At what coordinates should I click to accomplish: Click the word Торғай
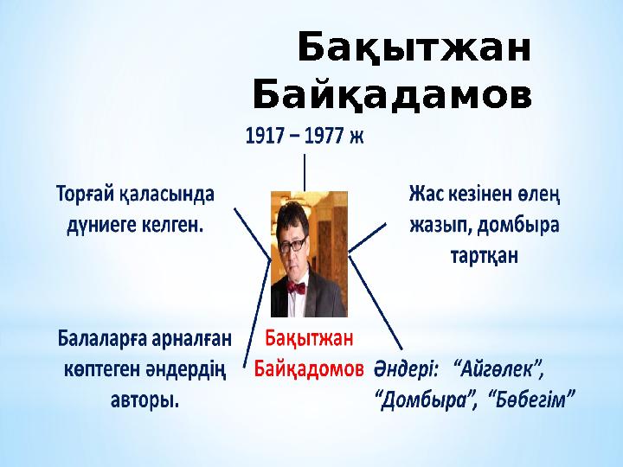(87, 192)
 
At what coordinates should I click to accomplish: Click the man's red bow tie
(299, 287)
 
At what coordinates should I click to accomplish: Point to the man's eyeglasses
(295, 245)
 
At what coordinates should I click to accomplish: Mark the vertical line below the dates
(305, 171)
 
